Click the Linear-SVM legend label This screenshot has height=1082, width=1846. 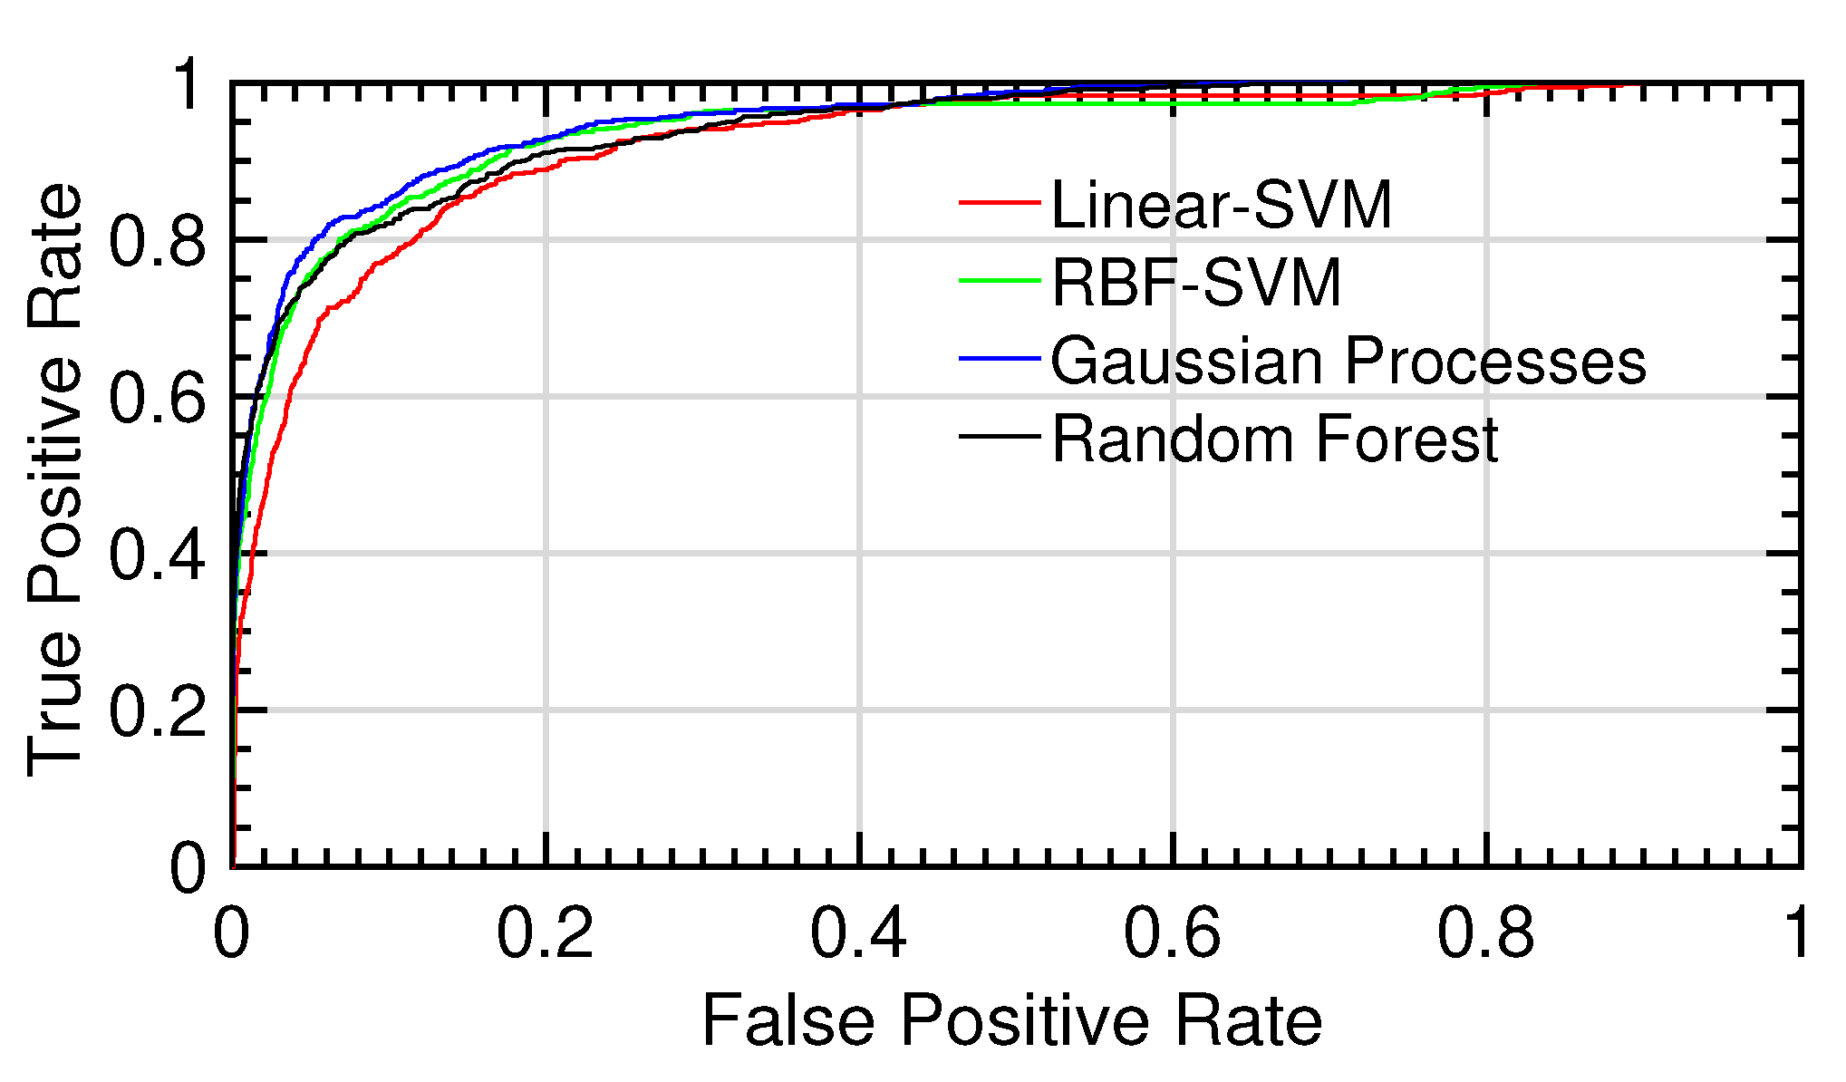point(1221,205)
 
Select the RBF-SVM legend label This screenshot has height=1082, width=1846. point(1195,283)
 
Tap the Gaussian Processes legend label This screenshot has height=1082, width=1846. point(1348,361)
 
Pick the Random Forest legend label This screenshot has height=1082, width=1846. point(1274,440)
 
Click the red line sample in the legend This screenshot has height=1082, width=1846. point(999,203)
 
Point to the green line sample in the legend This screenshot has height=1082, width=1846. point(999,281)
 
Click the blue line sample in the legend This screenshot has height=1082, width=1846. point(999,360)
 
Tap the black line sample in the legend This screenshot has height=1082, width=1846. point(999,438)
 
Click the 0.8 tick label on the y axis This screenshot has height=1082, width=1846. point(157,241)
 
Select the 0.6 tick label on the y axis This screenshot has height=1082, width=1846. point(157,398)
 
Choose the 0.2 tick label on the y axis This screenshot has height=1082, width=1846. point(157,711)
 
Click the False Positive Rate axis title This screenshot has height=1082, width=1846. point(1011,1022)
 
